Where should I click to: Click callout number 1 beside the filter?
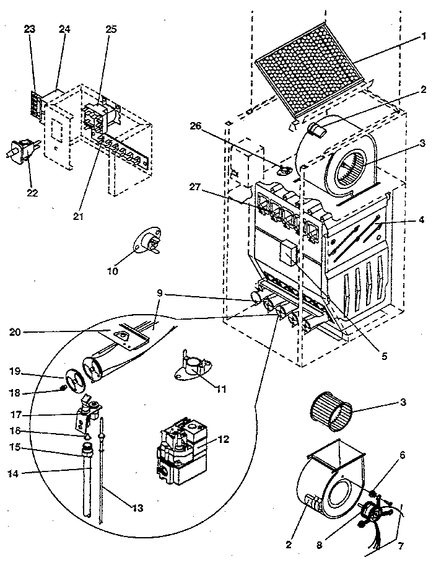coord(424,36)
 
